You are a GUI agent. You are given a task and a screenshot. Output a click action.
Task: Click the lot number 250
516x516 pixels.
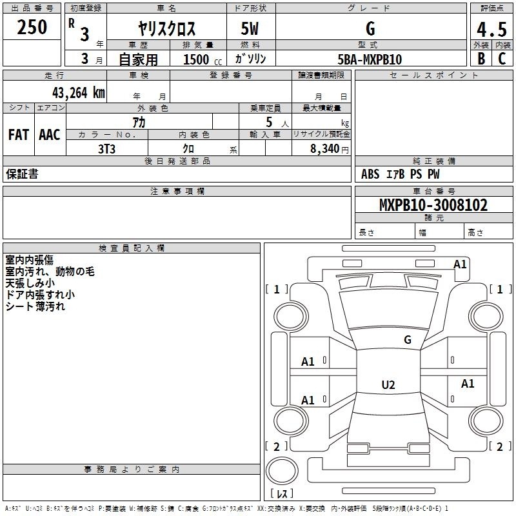pos(32,27)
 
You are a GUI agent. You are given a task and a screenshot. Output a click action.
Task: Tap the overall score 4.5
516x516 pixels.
pos(491,29)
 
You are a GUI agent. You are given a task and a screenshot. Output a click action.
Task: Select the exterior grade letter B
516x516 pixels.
pos(481,59)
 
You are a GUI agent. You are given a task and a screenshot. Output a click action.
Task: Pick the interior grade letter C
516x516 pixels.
pos(502,59)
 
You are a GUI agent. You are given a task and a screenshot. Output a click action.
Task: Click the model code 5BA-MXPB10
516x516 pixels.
pos(370,59)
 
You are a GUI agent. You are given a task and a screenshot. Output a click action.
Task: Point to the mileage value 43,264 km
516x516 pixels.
pos(78,93)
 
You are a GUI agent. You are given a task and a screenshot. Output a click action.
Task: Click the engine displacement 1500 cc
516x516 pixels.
pos(203,59)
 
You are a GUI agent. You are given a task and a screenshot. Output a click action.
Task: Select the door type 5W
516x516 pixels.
pos(250,28)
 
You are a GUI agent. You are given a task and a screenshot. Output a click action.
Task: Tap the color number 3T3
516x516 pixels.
pos(106,149)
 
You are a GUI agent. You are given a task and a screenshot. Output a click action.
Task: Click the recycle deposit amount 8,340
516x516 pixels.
pos(325,149)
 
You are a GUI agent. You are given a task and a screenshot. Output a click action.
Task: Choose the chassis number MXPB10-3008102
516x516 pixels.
pos(433,205)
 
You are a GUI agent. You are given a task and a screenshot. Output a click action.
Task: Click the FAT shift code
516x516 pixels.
pos(19,135)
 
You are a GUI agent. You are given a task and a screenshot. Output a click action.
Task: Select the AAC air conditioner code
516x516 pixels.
pos(50,135)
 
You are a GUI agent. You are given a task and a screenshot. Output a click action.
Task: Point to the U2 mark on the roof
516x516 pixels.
pos(388,384)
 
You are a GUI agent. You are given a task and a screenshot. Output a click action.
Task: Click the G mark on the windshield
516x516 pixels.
pos(408,340)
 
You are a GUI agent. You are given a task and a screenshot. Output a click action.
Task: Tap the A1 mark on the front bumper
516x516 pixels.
pos(460,264)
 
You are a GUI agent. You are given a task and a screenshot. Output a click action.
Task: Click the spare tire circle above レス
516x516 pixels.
pos(282,470)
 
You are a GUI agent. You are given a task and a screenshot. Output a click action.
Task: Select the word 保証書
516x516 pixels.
pos(22,174)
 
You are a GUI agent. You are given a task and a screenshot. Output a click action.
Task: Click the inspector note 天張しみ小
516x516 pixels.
pos(30,283)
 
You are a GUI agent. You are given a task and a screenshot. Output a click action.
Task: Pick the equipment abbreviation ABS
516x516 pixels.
pos(370,174)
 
